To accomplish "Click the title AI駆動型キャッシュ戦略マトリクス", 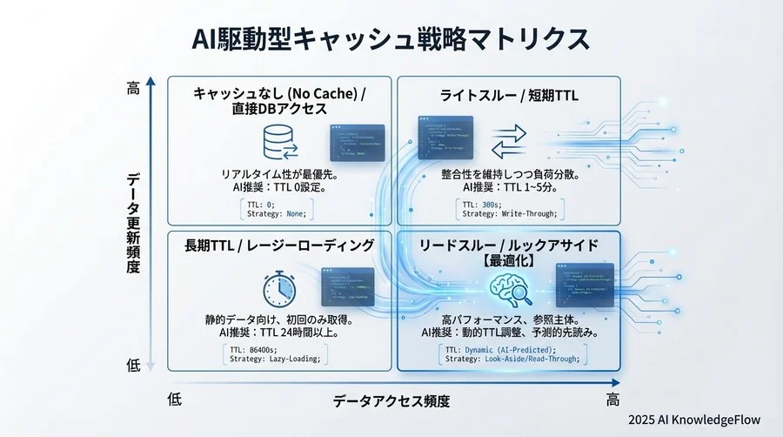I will pos(391,39).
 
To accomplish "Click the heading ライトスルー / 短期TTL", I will pos(510,95).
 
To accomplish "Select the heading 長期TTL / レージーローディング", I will pos(278,246).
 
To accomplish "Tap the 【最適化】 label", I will pos(509,260).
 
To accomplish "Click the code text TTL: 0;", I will pos(259,203).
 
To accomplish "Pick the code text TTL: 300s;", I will pos(484,203).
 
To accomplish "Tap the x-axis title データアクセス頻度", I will pos(391,401).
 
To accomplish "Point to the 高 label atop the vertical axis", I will pos(133,89).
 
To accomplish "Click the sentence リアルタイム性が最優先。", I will pos(279,174).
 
